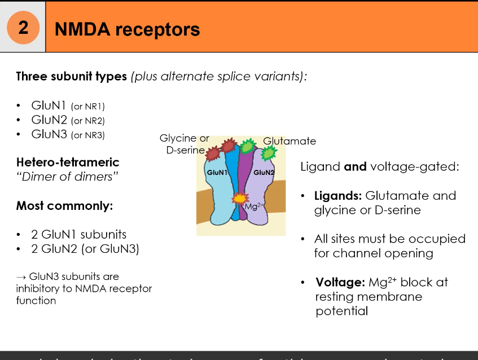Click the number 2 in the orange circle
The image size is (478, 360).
(23, 28)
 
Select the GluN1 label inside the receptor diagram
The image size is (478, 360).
(217, 172)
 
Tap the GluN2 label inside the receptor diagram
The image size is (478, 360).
(264, 172)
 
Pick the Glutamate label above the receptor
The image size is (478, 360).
(290, 141)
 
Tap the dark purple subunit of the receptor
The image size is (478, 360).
(245, 175)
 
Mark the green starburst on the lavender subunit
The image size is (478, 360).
(269, 152)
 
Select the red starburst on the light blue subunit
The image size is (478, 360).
(213, 153)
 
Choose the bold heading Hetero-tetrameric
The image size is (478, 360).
(68, 163)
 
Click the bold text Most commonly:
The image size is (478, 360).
(64, 205)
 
